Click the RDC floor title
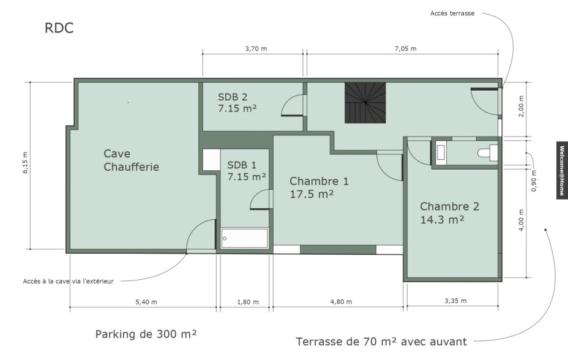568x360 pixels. tap(59, 28)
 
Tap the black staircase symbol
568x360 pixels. tap(365, 103)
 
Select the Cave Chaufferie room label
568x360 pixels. tap(131, 160)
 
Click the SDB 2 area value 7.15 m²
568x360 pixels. tap(237, 108)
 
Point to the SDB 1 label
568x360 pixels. tap(242, 165)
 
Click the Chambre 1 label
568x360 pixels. tap(319, 181)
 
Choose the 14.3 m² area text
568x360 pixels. tap(442, 219)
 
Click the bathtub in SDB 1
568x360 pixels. tap(244, 238)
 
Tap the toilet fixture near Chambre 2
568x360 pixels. tap(488, 152)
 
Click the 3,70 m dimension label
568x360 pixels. tap(256, 48)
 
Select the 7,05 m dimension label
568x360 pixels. tap(405, 48)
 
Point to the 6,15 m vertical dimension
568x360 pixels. tap(25, 163)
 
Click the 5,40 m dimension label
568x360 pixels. tap(146, 302)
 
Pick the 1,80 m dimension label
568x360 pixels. tap(248, 302)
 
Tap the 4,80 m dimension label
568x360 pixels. tap(341, 301)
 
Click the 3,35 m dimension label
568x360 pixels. tap(456, 301)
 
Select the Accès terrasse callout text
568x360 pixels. tap(452, 13)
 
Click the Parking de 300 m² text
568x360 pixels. tap(146, 334)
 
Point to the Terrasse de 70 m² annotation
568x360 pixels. tap(381, 342)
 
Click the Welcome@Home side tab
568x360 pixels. tap(562, 170)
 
